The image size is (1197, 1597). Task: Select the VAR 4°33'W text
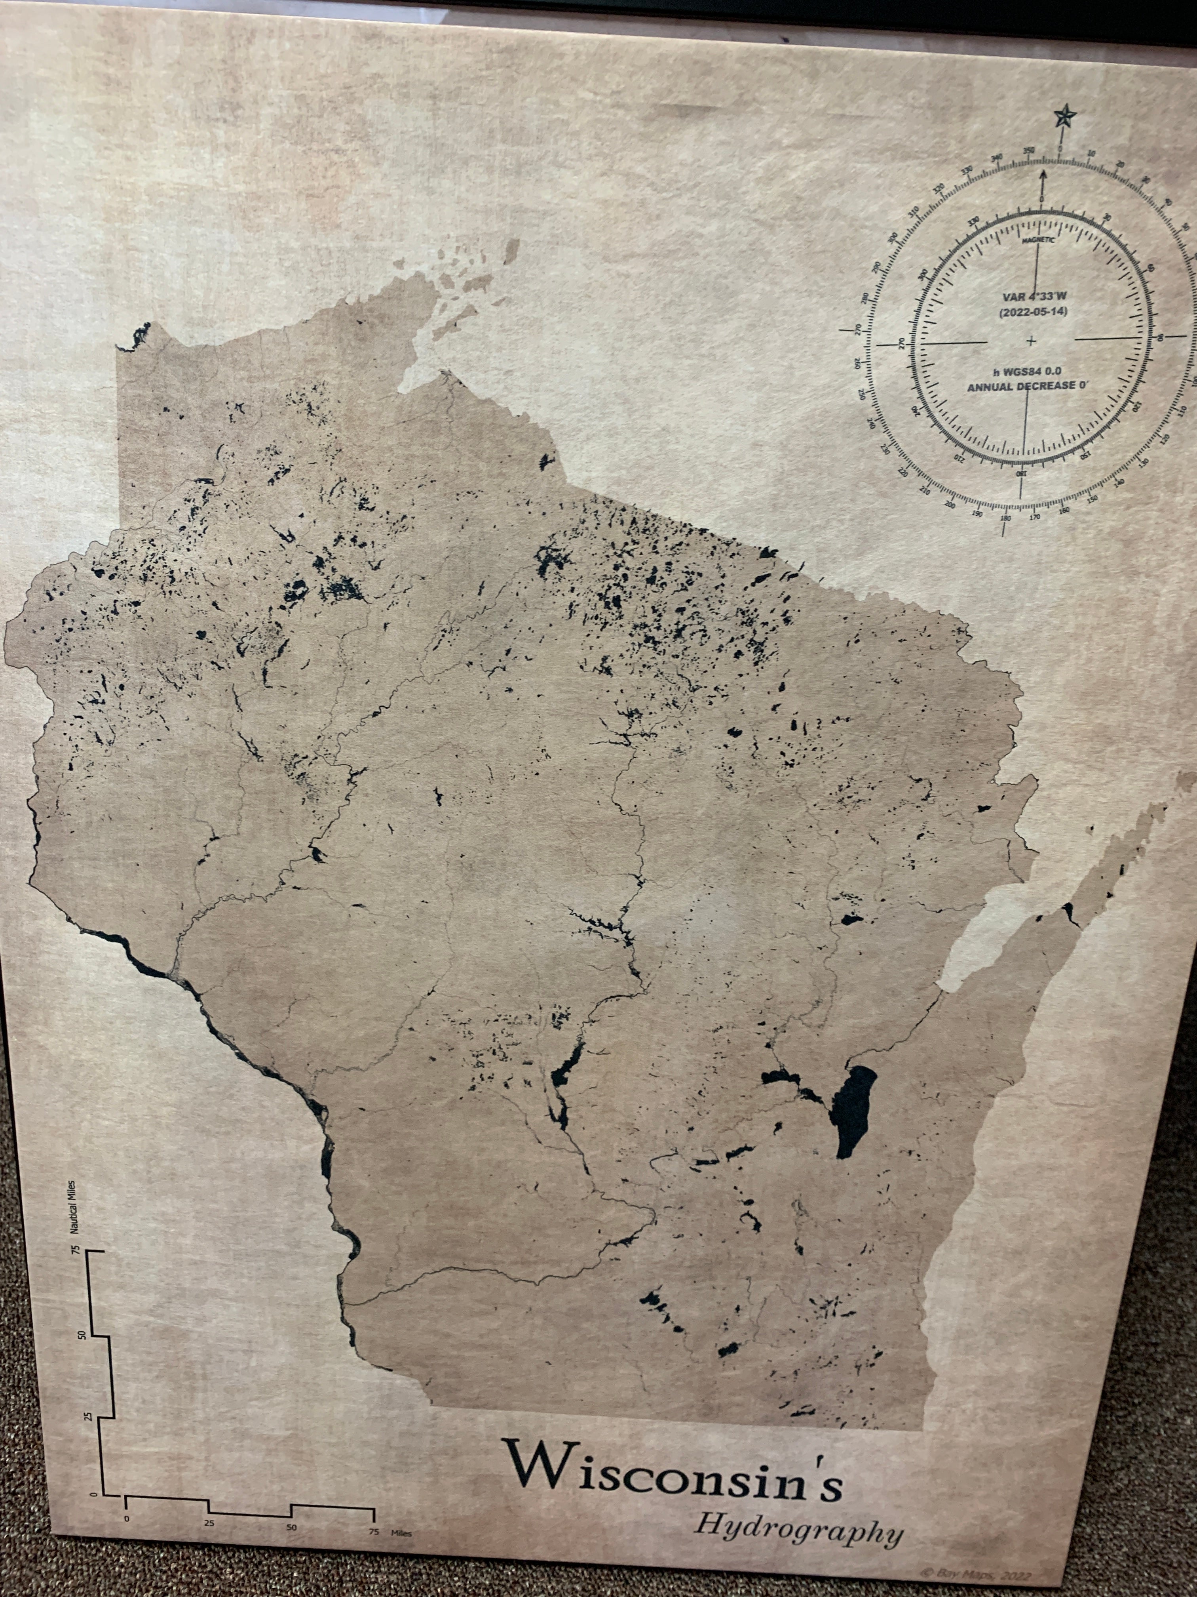point(1034,297)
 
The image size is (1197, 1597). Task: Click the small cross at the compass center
point(1031,341)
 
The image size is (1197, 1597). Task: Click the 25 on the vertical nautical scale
point(88,1416)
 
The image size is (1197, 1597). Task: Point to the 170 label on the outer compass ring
point(1035,517)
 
